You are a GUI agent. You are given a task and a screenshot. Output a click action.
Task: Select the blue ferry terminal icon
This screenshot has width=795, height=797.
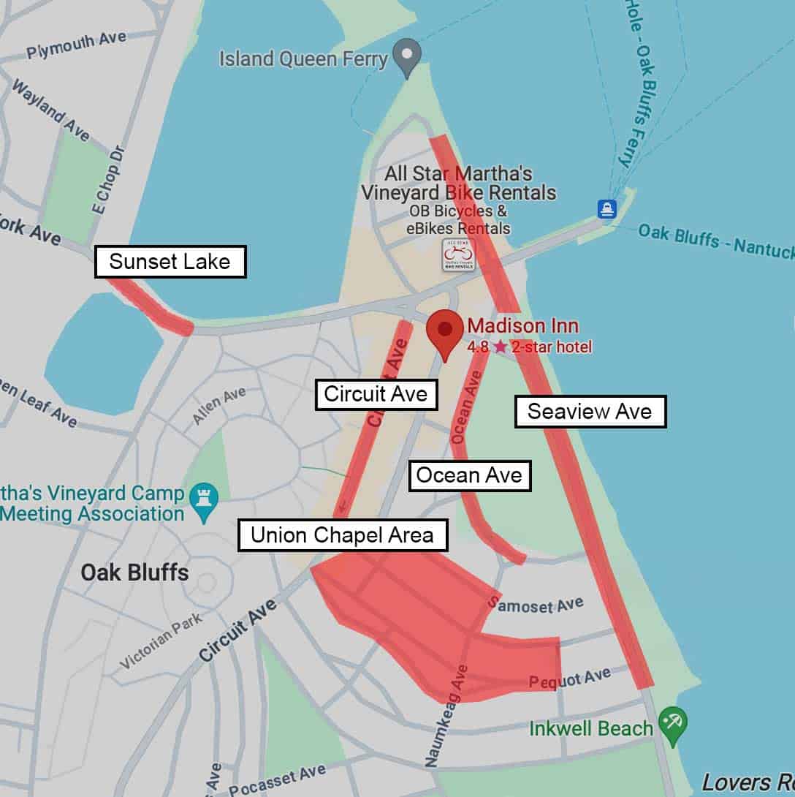point(606,209)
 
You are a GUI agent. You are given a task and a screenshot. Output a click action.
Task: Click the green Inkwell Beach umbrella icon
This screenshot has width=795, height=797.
point(672,721)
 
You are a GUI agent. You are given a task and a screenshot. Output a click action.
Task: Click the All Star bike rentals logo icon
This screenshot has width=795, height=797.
point(458,255)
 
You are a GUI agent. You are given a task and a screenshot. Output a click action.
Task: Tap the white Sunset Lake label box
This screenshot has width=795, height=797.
point(170,262)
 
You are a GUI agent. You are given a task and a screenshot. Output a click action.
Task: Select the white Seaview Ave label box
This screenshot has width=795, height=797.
point(590,412)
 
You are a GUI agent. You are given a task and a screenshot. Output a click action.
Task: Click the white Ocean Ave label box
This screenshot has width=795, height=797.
point(469,476)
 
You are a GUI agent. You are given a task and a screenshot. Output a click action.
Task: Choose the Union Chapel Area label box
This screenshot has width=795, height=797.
point(342,535)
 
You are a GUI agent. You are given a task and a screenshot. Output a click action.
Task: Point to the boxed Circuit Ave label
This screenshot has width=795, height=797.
point(376,394)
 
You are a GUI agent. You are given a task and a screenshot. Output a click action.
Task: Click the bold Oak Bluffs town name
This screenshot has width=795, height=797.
point(134,572)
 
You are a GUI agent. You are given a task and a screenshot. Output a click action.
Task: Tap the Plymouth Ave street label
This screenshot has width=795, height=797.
point(77,45)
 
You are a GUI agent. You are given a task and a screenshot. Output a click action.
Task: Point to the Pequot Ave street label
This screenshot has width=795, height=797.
point(569,679)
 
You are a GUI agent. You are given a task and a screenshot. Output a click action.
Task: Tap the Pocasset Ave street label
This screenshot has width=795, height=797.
point(277,781)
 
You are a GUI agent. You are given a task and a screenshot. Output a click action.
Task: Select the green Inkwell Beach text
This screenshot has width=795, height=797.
point(590,728)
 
